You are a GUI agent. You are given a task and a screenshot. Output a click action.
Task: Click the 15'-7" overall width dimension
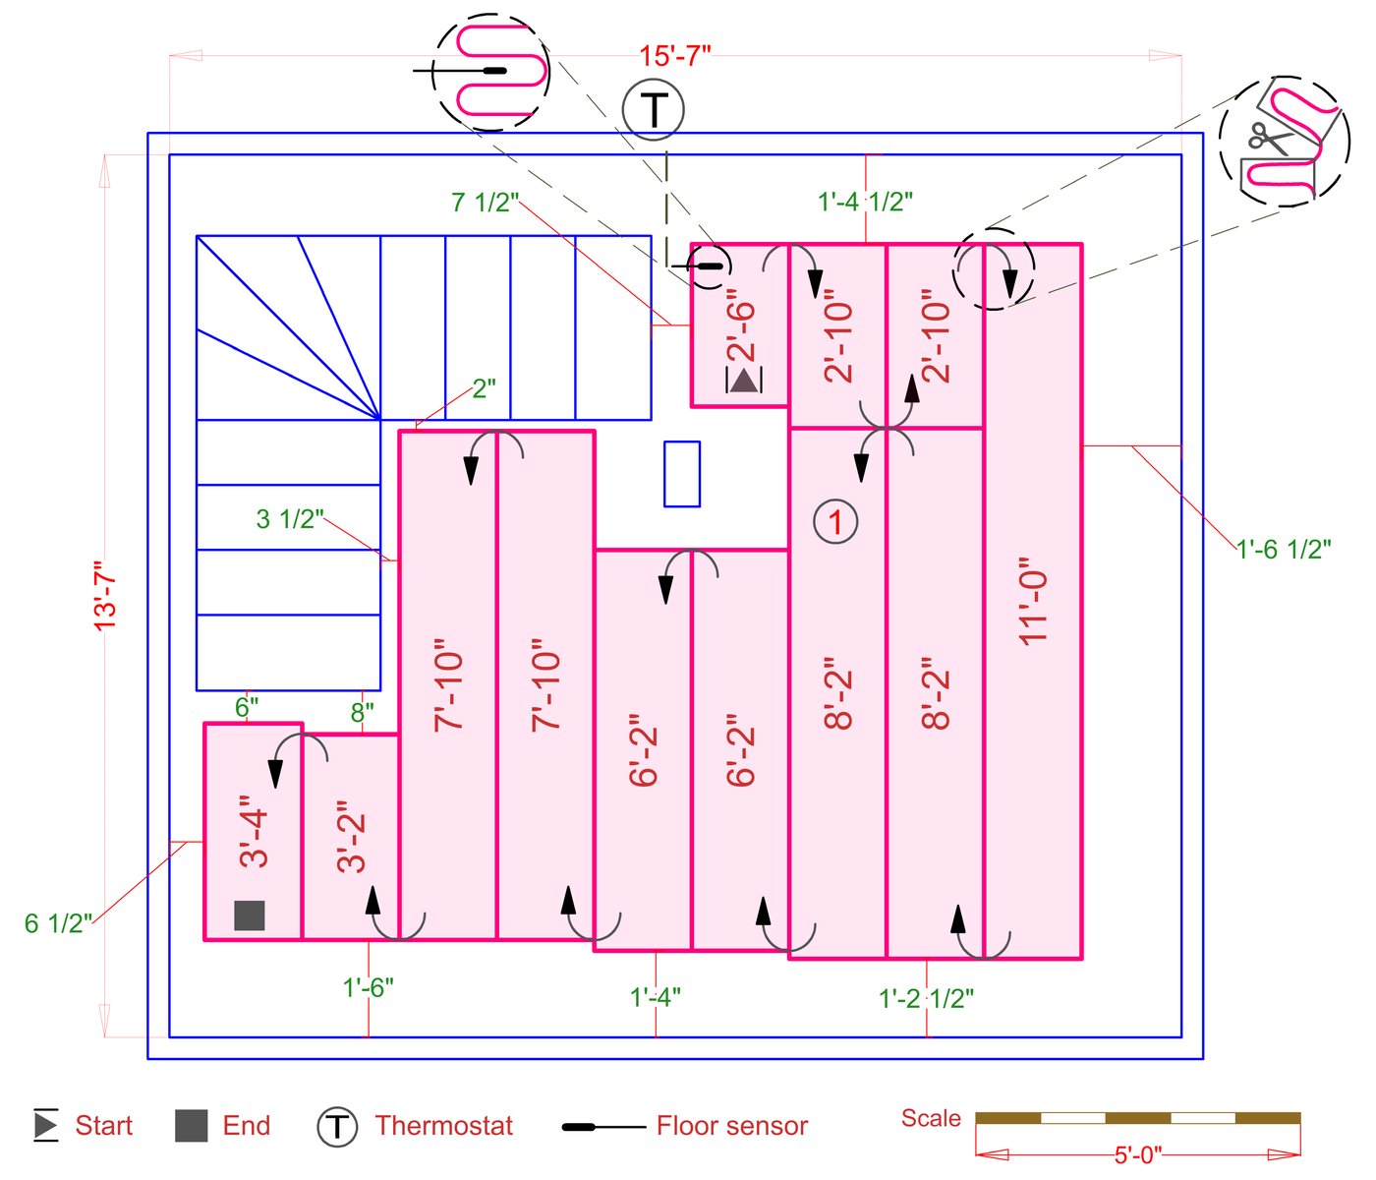(x=674, y=56)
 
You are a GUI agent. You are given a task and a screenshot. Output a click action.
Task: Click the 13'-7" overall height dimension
(x=105, y=594)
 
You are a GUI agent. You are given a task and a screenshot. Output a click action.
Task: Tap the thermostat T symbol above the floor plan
(x=654, y=109)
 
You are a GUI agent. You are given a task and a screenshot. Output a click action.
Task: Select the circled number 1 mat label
(x=835, y=521)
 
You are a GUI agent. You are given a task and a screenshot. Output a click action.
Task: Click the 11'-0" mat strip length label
(x=1034, y=601)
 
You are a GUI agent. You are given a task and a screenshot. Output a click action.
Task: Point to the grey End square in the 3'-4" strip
(x=250, y=915)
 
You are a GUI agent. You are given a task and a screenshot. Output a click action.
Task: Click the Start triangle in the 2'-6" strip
(x=744, y=380)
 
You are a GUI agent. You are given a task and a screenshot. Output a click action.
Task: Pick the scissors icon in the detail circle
(x=1269, y=137)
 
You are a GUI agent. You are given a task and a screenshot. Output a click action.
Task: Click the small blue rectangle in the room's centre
(x=682, y=474)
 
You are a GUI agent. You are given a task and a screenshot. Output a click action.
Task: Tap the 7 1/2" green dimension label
(x=485, y=203)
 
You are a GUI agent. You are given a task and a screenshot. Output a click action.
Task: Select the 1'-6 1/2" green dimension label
(x=1284, y=550)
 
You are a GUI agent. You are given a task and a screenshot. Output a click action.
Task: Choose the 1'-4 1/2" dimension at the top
(x=865, y=202)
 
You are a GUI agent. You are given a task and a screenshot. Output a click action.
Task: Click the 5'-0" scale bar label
(x=1138, y=1154)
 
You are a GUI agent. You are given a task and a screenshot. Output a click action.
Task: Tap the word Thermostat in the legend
(x=444, y=1126)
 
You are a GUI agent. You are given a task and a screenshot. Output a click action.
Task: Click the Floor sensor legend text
(x=732, y=1126)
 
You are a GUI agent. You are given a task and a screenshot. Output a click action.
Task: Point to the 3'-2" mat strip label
(x=352, y=843)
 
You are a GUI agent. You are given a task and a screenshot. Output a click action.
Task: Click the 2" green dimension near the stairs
(x=485, y=388)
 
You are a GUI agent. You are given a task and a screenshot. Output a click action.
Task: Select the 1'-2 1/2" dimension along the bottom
(x=926, y=999)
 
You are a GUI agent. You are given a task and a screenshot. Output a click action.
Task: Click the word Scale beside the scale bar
(x=931, y=1118)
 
